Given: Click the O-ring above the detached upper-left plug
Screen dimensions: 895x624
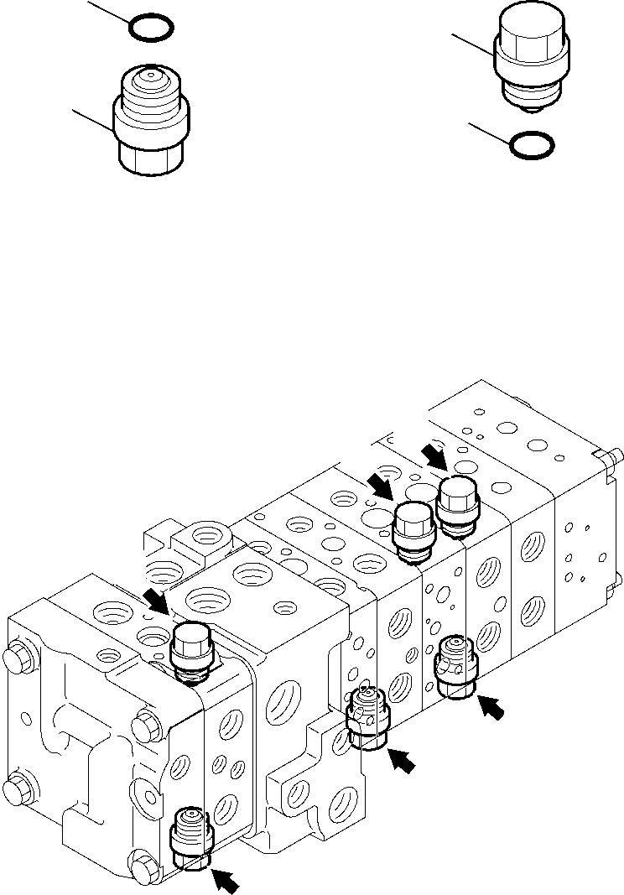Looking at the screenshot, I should coord(152,28).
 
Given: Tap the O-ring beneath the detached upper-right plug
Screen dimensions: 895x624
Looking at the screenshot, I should coord(532,144).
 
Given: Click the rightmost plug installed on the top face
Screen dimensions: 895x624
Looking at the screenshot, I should coord(457,505).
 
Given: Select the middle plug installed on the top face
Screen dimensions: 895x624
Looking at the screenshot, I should coord(413,532).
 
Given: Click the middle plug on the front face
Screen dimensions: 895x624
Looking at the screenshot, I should coord(366,718).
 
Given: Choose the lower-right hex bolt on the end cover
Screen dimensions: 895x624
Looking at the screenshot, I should coord(143,861).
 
